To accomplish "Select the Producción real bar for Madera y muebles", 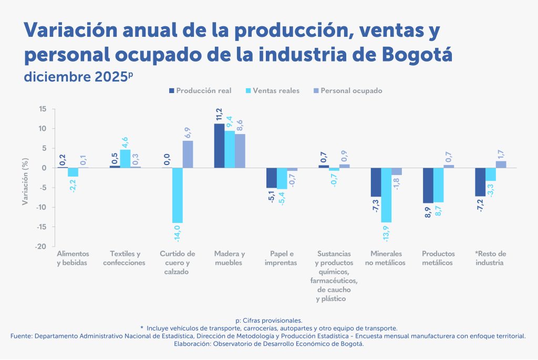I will pyautogui.click(x=219, y=146).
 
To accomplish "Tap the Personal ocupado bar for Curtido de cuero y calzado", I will pyautogui.click(x=188, y=155).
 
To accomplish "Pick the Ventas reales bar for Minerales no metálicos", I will pyautogui.click(x=386, y=195).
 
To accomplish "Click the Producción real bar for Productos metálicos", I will pyautogui.click(x=428, y=186).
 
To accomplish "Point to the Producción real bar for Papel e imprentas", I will pyautogui.click(x=272, y=178).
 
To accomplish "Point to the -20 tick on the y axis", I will pyautogui.click(x=42, y=246).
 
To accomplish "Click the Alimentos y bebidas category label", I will pyautogui.click(x=73, y=258).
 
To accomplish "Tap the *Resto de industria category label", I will pyautogui.click(x=491, y=258).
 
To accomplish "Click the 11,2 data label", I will pyautogui.click(x=219, y=115).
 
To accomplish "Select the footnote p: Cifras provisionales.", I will pyautogui.click(x=268, y=320).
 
